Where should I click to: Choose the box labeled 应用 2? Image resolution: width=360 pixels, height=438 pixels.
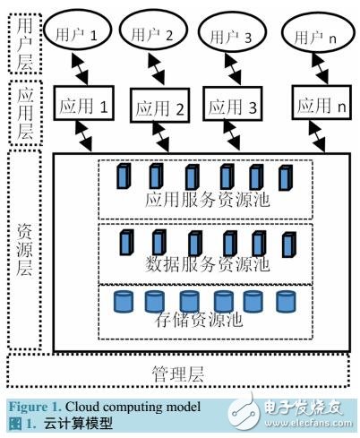(161, 108)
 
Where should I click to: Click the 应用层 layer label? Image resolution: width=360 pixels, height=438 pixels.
(25, 111)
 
